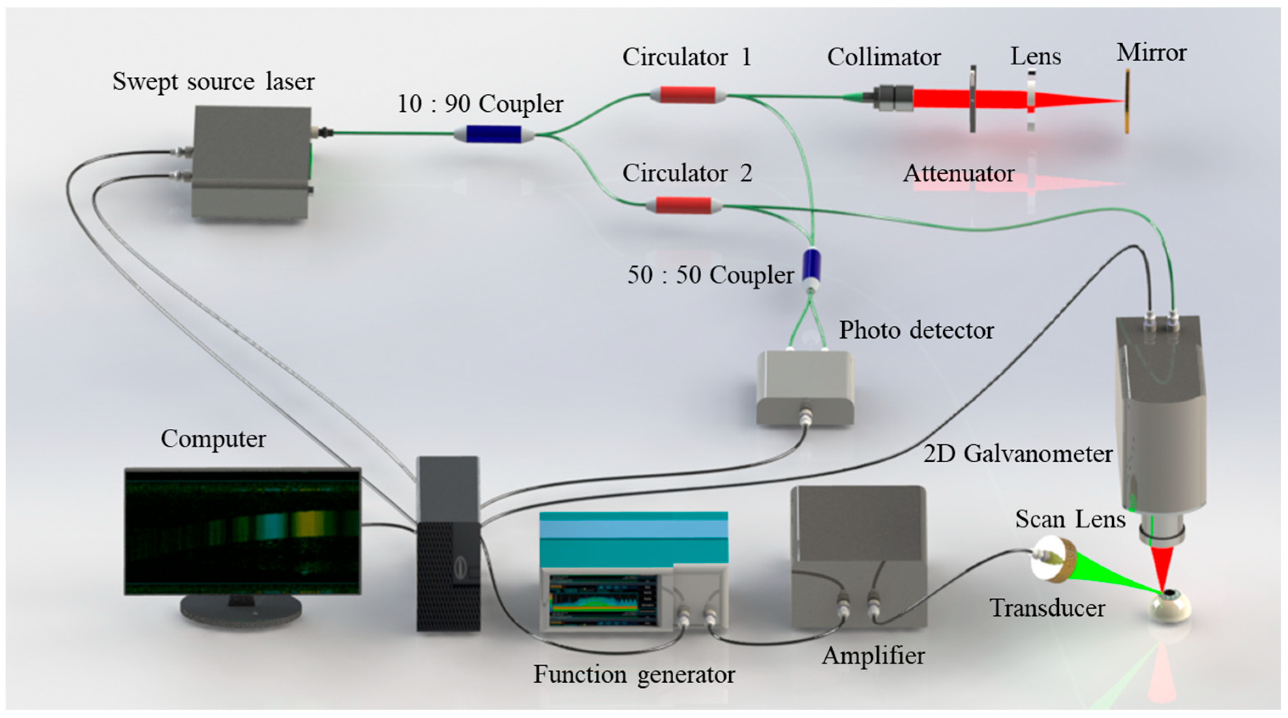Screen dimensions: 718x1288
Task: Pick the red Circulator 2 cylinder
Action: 683,205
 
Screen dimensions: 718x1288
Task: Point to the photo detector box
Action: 804,387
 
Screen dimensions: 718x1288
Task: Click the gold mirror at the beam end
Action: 1127,101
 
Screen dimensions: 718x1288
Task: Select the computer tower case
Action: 448,545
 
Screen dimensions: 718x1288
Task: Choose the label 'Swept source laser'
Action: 214,81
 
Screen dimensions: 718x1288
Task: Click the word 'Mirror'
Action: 1151,53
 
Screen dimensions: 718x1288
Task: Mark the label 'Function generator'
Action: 634,675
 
